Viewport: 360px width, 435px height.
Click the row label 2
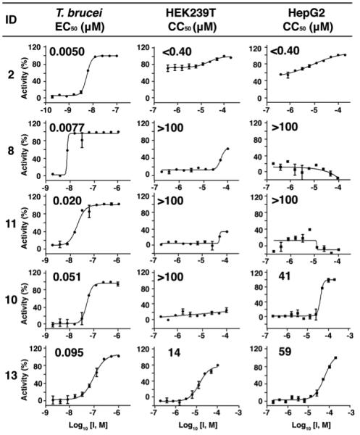[11, 74]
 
